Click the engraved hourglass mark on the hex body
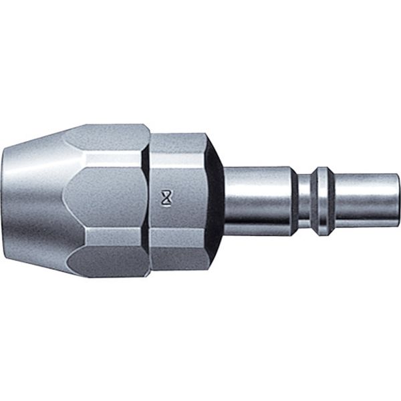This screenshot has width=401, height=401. click(x=166, y=198)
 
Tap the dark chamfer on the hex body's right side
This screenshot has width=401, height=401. click(x=215, y=200)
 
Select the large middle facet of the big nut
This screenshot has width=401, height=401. click(x=107, y=200)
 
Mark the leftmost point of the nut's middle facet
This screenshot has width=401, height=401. click(x=63, y=200)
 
